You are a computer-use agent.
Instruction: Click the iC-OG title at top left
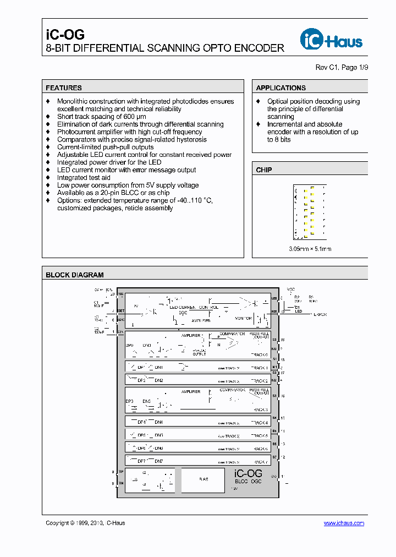[65, 34]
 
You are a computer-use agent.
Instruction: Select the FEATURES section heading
[64, 88]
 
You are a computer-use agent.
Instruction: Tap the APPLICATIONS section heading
[280, 88]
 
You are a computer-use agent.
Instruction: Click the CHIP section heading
[264, 170]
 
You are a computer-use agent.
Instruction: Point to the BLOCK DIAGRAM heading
[74, 275]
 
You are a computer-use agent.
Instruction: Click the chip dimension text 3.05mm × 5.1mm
[310, 249]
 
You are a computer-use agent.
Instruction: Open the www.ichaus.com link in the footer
[344, 523]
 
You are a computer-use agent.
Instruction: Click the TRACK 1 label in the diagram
[259, 368]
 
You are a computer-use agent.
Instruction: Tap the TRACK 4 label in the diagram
[259, 423]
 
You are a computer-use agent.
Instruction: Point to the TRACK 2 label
[259, 381]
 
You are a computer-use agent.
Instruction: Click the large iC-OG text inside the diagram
[248, 473]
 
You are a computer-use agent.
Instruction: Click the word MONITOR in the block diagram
[243, 318]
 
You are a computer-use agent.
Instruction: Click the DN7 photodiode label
[159, 461]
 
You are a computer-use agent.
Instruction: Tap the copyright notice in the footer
[85, 523]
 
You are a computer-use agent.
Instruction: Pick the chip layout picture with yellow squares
[310, 213]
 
